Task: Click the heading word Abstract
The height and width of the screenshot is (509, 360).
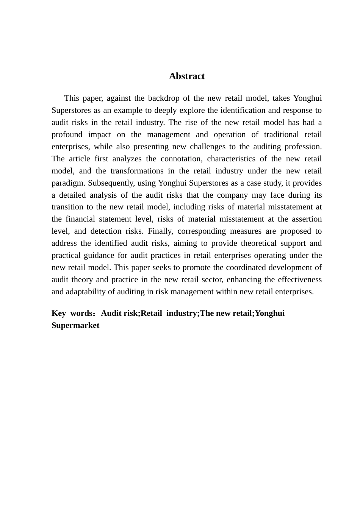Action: coord(187,76)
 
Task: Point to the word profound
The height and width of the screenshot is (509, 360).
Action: coord(67,135)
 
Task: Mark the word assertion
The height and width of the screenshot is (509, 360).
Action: coord(307,219)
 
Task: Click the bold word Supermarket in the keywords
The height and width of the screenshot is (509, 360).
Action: coord(75,326)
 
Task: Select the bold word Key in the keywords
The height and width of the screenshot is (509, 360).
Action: coord(59,314)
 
